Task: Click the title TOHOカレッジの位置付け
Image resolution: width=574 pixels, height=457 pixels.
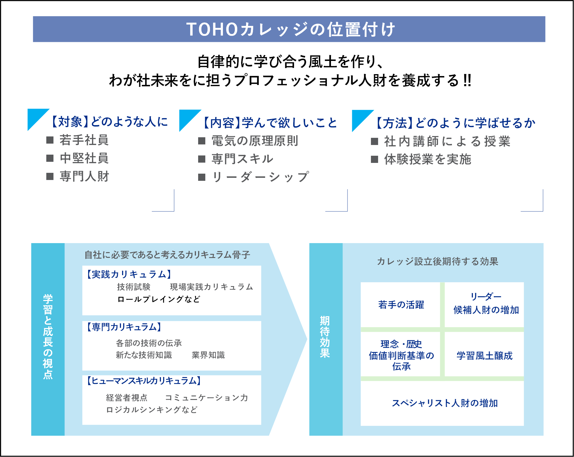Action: [290, 29]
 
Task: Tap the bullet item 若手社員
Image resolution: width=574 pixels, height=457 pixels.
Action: [84, 140]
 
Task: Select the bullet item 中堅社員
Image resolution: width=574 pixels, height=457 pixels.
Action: [84, 158]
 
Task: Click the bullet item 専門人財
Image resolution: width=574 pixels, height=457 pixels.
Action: [84, 176]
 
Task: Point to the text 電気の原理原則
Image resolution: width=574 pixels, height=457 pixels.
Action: [255, 141]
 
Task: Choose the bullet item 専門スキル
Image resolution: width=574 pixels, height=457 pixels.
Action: [242, 159]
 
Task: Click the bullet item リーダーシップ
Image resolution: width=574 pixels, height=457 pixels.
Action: [260, 177]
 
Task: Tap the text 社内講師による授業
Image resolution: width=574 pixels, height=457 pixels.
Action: [447, 141]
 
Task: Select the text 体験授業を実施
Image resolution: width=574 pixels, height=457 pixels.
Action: [428, 159]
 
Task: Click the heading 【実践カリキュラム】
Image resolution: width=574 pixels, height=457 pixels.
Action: [129, 274]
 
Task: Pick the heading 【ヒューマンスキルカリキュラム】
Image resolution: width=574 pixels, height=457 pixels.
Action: [144, 381]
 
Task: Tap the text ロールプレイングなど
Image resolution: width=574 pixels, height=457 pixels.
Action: [159, 299]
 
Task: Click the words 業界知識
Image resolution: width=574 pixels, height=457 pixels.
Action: [208, 355]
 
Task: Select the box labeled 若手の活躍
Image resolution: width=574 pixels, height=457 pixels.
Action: [401, 305]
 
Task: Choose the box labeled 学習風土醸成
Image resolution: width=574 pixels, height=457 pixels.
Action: [484, 356]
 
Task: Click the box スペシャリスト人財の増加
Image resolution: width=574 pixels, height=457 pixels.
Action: [444, 403]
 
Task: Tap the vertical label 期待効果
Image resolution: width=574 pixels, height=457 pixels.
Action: [325, 337]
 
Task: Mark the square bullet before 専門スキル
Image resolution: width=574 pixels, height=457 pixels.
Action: [202, 159]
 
